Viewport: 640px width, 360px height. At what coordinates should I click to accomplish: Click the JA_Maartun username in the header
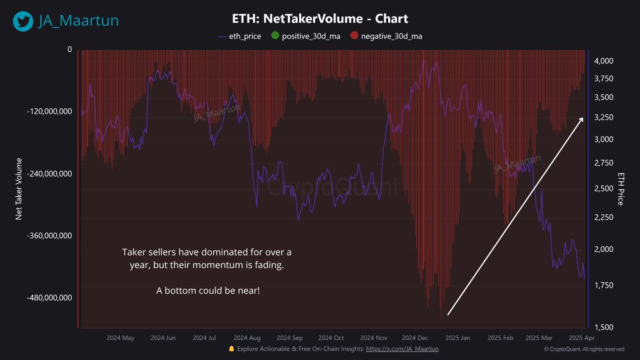coord(78,21)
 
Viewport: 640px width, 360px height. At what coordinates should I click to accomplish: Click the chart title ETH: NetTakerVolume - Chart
coord(320,19)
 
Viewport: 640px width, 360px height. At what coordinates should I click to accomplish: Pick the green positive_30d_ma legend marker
coord(275,36)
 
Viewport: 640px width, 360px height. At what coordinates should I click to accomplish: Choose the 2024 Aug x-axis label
coord(247,338)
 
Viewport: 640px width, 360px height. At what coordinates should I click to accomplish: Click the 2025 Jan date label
coord(458,338)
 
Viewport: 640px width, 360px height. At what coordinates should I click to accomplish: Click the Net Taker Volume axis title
coord(19,189)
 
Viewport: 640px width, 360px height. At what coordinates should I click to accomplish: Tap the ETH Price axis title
coord(621,189)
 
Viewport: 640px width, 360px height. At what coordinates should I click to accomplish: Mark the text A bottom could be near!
coord(208,291)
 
